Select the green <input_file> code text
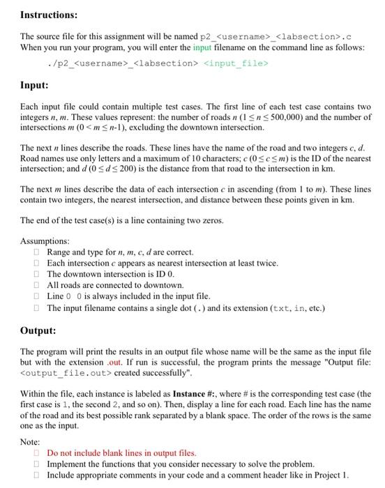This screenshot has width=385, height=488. (235, 63)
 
